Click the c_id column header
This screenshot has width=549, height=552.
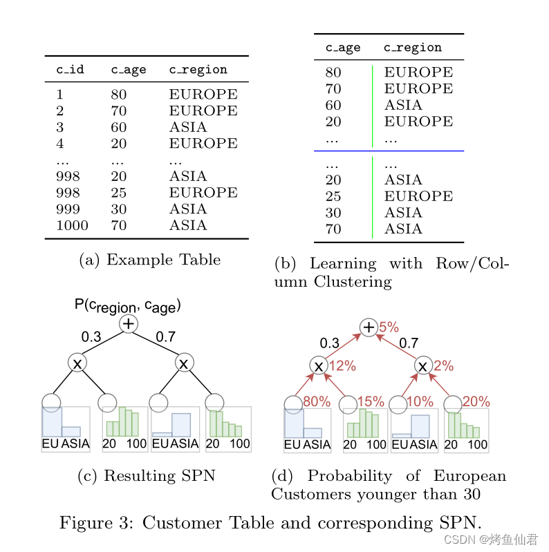pos(70,70)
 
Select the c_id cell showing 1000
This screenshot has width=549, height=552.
pos(72,225)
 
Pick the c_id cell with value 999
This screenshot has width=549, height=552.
pos(68,209)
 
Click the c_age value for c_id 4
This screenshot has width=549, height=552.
pos(118,144)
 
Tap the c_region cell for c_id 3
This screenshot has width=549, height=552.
pos(187,127)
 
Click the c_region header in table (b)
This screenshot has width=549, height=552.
pos(412,48)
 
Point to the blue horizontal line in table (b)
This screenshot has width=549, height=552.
pos(389,151)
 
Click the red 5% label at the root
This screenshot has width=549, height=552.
pos(389,327)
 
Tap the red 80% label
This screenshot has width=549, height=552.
pos(317,401)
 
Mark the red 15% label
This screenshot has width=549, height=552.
pos(371,401)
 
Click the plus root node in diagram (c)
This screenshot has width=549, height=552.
pos(129,323)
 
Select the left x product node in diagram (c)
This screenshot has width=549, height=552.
pos(77,363)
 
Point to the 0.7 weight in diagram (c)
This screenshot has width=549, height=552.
pos(165,337)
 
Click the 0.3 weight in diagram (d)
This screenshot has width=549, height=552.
pos(329,343)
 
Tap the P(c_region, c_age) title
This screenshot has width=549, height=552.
pos(128,305)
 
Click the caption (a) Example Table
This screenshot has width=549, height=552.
pos(149,260)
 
